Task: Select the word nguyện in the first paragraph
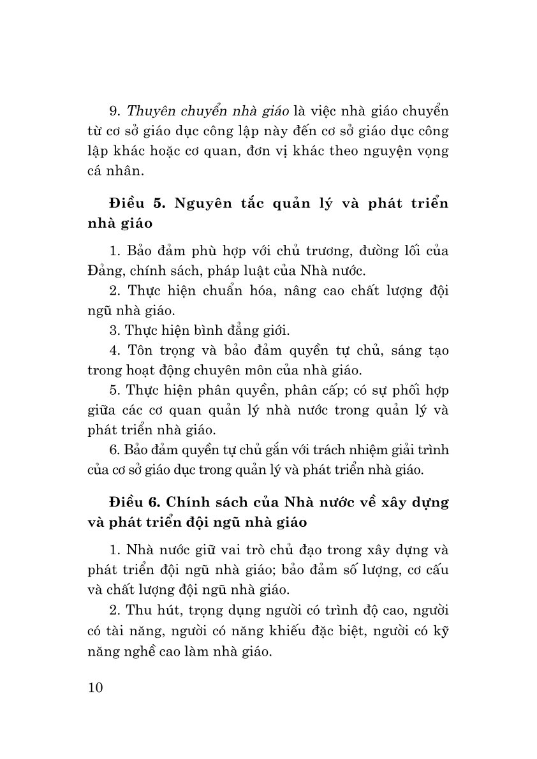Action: (x=385, y=152)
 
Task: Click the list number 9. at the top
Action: (x=114, y=112)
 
